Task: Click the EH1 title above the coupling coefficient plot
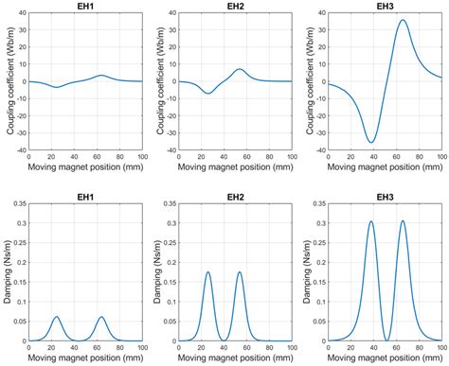(85, 7)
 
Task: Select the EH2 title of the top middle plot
(235, 7)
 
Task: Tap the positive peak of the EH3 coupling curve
(403, 20)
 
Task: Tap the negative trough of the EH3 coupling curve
(371, 143)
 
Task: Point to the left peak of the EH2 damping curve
(207, 272)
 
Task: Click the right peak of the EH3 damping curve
(403, 221)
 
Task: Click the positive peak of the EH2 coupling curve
(240, 69)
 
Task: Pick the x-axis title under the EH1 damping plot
(85, 358)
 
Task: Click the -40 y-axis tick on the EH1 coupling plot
(19, 149)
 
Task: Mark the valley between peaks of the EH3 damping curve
(386, 340)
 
